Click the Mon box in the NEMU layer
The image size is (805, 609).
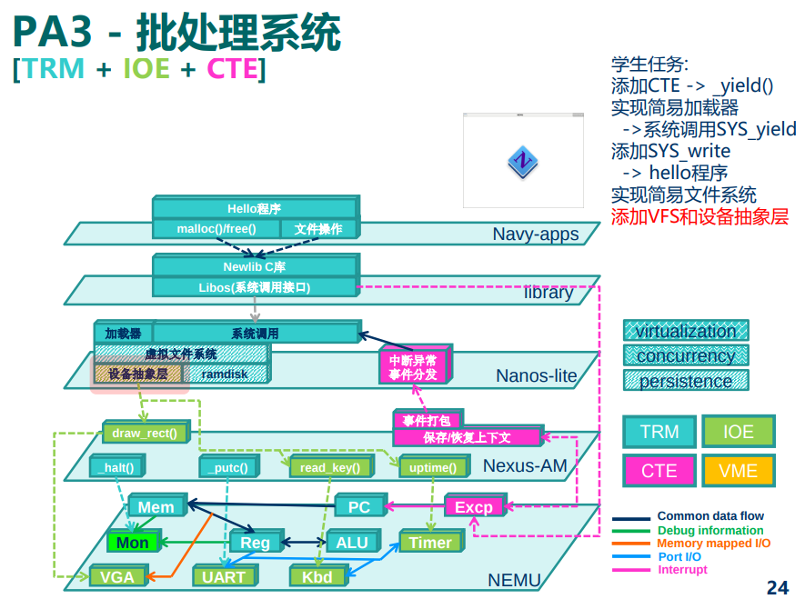click(134, 541)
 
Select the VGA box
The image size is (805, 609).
click(118, 576)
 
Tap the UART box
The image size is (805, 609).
click(225, 576)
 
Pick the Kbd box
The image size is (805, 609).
click(318, 576)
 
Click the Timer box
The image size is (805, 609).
click(431, 541)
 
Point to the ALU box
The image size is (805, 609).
click(353, 541)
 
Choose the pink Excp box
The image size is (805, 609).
click(475, 506)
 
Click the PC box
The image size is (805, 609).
click(360, 506)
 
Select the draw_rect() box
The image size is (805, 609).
click(146, 433)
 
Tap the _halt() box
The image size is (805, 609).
click(118, 466)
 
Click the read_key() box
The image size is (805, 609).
click(331, 466)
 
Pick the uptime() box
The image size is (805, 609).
click(434, 466)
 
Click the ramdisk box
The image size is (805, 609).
click(226, 374)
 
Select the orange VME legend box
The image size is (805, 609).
click(739, 471)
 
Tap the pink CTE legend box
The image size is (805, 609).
click(659, 471)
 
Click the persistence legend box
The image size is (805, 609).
click(686, 381)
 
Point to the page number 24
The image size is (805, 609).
click(778, 587)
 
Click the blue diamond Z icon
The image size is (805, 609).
click(523, 162)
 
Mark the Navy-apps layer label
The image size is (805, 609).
click(536, 234)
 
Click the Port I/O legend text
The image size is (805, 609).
click(679, 556)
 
